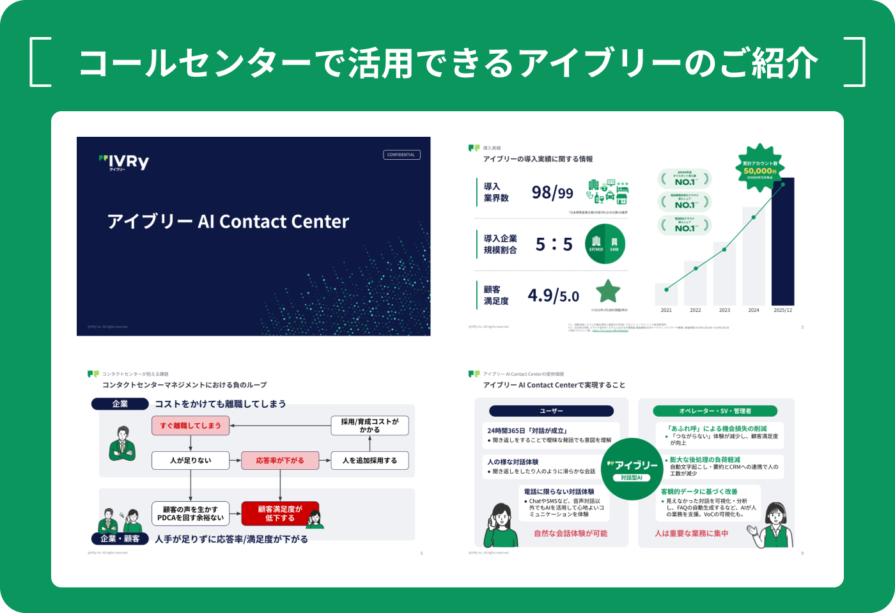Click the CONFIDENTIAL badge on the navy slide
click(x=401, y=155)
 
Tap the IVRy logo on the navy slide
click(x=125, y=162)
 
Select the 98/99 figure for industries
click(x=552, y=192)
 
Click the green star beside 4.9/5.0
click(x=608, y=291)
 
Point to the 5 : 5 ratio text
click(x=554, y=244)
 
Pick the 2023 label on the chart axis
click(x=724, y=310)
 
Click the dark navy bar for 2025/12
click(x=782, y=242)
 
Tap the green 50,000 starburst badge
click(x=760, y=169)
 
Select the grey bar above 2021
click(x=666, y=294)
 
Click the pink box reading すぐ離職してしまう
click(x=191, y=425)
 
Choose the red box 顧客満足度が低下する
click(x=279, y=513)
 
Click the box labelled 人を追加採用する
click(x=370, y=460)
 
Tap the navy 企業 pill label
click(x=120, y=404)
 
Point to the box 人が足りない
click(x=191, y=460)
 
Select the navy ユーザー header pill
click(x=551, y=411)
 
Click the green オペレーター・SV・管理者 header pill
click(x=715, y=411)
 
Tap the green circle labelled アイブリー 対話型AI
click(x=632, y=469)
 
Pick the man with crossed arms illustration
click(x=122, y=443)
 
